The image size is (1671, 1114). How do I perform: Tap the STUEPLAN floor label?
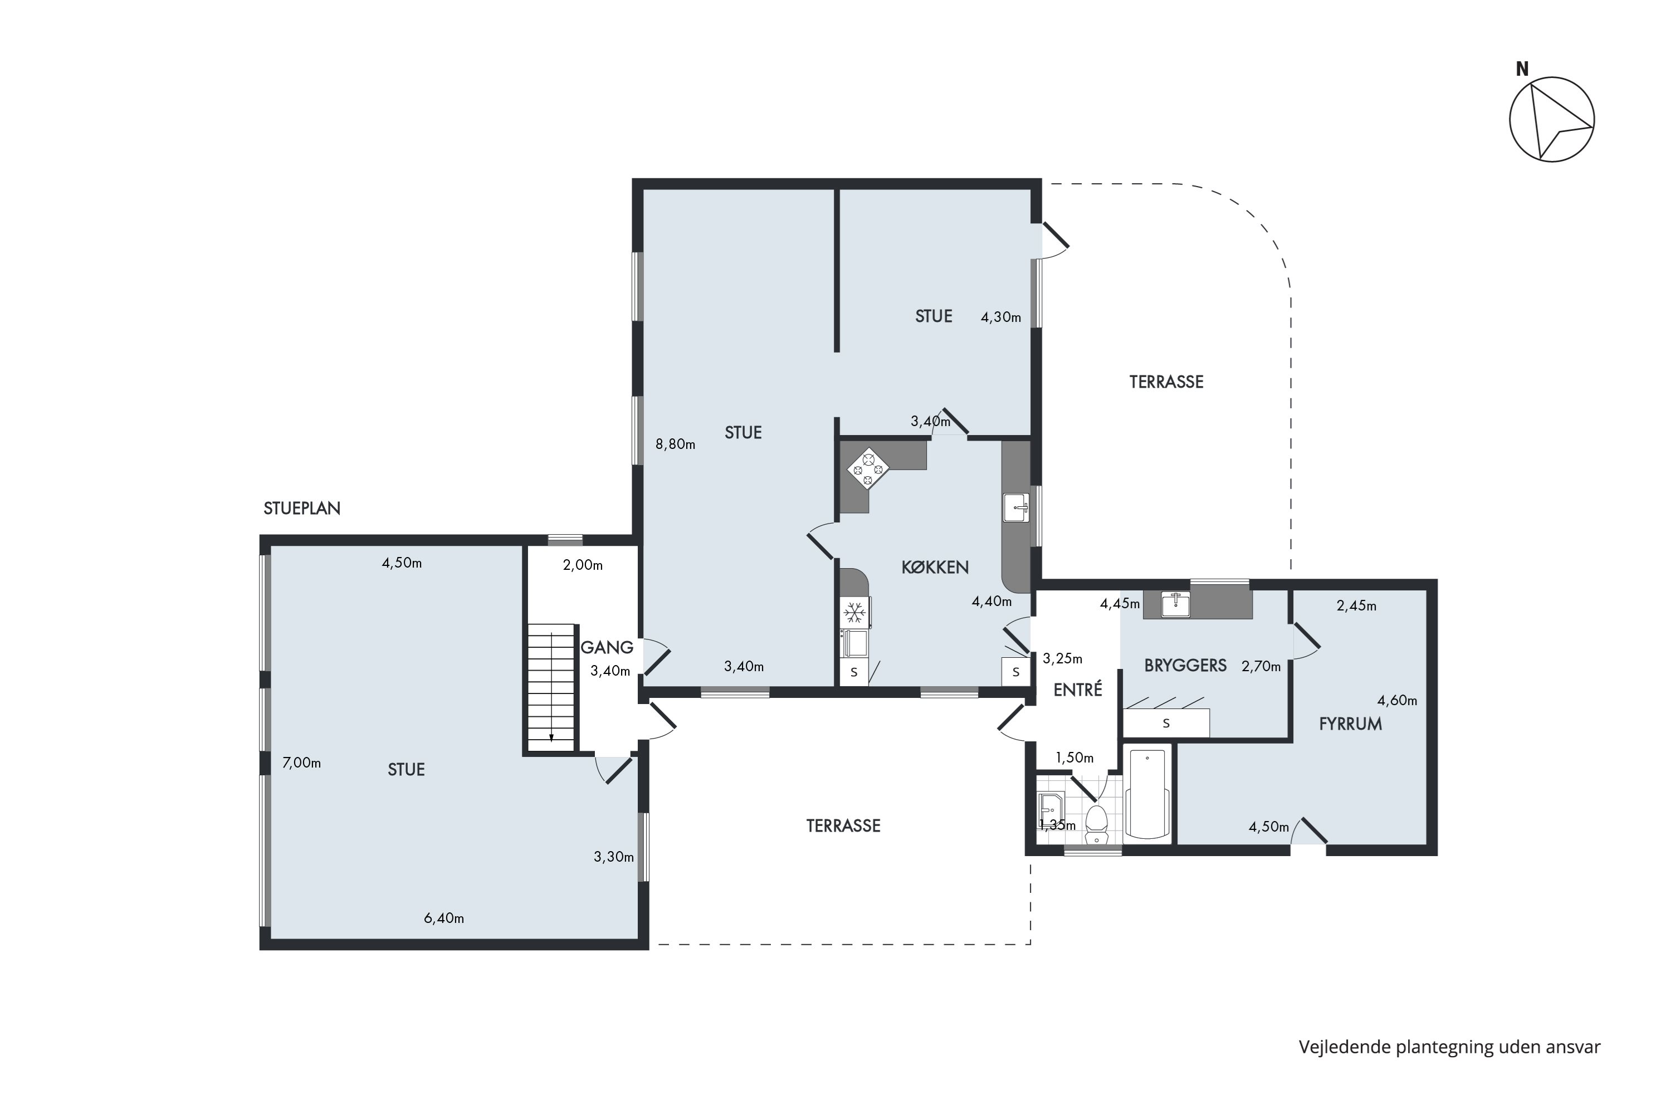click(x=302, y=509)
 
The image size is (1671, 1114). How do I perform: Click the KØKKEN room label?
click(x=935, y=567)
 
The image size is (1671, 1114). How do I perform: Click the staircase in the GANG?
click(x=551, y=687)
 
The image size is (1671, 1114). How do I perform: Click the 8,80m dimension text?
click(x=675, y=444)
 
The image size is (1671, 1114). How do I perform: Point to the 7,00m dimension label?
click(x=301, y=763)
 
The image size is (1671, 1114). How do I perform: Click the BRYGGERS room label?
click(x=1185, y=666)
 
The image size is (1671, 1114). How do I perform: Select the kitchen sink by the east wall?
click(x=1016, y=508)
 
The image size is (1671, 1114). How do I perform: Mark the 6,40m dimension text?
click(x=444, y=918)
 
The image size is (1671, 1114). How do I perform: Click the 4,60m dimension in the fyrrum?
click(x=1397, y=701)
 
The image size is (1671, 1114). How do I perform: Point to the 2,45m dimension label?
click(x=1356, y=606)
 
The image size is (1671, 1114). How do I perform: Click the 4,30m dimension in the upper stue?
click(x=1000, y=317)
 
